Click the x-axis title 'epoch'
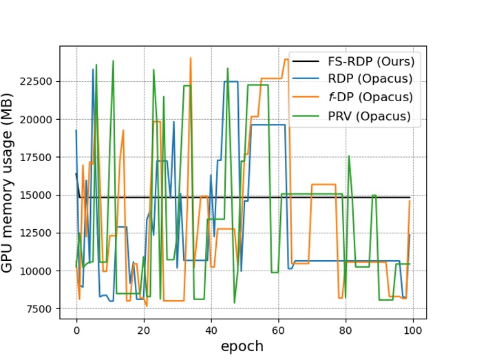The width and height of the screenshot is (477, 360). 242,346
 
